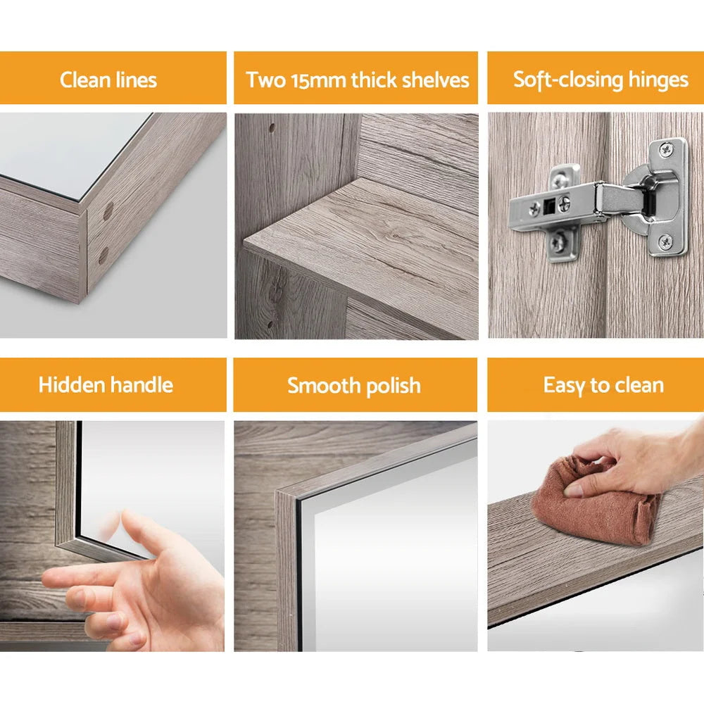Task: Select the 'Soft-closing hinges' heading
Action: pos(601,79)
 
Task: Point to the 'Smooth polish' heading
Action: pos(354,385)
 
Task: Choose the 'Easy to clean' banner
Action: pos(603,385)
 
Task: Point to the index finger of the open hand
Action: pos(70,579)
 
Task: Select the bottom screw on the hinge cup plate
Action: pos(665,242)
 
